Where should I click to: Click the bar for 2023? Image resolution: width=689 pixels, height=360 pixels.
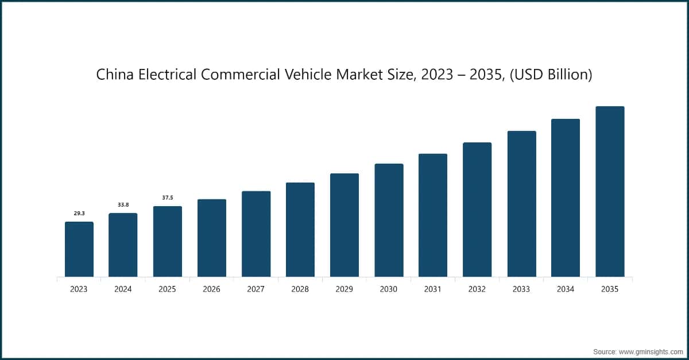79,249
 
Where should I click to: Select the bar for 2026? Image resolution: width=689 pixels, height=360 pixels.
211,238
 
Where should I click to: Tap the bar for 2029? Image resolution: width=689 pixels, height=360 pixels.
344,225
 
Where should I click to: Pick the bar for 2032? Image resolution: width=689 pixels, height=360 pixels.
477,210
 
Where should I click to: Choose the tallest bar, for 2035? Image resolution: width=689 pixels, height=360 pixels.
610,192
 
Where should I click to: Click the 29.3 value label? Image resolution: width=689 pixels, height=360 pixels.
79,214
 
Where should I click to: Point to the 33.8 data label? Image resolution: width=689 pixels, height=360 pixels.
123,205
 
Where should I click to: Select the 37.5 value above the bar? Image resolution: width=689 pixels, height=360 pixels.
167,198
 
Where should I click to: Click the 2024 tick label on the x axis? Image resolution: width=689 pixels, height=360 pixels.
123,289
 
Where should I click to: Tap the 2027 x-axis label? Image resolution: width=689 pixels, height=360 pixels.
256,289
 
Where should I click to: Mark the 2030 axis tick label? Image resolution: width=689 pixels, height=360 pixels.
389,289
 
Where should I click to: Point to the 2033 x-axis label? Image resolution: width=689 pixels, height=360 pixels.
521,289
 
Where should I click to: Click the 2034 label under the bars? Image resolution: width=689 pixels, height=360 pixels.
566,289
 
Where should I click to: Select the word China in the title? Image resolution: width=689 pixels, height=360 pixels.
114,75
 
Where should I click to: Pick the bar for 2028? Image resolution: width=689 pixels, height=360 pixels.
300,230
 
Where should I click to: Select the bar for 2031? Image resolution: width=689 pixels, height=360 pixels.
433,215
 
